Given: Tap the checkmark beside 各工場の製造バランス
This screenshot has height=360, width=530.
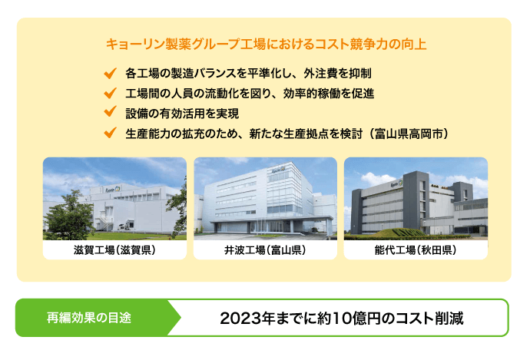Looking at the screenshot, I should (109, 74).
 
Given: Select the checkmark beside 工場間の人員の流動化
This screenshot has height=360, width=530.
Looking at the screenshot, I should (109, 94).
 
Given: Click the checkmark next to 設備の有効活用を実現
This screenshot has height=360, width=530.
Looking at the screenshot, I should (109, 114).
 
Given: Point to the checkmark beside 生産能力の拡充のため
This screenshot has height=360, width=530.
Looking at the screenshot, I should (109, 134).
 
